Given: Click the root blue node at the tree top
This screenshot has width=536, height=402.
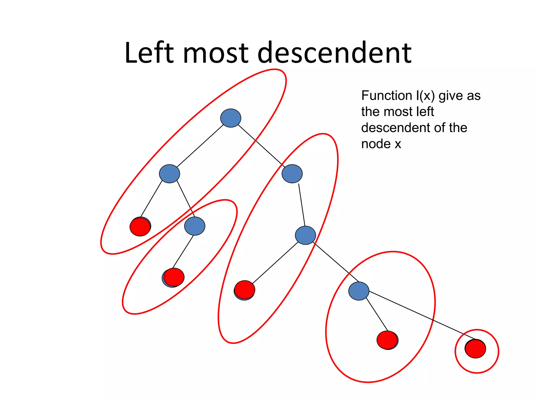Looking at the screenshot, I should click(231, 118).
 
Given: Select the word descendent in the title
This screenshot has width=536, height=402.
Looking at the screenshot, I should click(335, 53).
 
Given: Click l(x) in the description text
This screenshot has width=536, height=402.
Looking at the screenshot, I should click(425, 96).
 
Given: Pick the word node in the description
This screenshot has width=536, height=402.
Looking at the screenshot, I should click(376, 144).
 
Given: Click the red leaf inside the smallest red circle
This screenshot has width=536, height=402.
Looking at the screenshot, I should click(476, 349).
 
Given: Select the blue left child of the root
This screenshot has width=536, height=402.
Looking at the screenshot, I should click(169, 174).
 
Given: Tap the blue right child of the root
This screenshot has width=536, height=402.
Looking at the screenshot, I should click(292, 174).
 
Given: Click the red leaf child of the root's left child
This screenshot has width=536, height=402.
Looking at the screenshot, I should click(140, 227).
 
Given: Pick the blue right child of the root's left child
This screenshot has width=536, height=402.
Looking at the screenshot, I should click(195, 226).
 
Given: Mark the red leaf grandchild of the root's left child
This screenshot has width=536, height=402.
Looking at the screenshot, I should click(174, 277).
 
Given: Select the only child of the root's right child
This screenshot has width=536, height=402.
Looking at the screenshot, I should click(305, 235).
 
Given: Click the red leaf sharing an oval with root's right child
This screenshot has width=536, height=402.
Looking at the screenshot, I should click(245, 289).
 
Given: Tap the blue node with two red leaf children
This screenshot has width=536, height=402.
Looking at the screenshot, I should click(359, 291).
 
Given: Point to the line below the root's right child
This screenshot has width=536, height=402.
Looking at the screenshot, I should click(302, 205).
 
